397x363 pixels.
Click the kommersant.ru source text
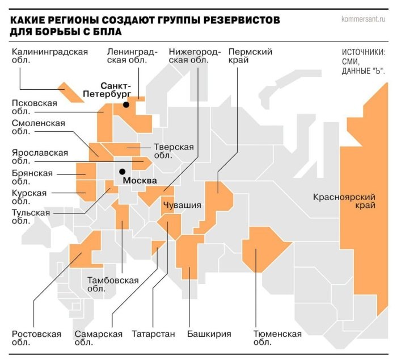pos(364,19)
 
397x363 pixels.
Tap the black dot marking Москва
pos(121,171)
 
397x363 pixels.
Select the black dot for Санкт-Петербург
pos(126,105)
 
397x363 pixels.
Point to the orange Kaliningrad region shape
pos(71,92)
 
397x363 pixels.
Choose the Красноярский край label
pos(344,201)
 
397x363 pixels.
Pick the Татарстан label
pos(153,334)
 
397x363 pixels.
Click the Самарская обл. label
pos(98,338)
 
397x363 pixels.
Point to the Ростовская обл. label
pos(36,338)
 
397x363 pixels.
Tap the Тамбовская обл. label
pos(113,284)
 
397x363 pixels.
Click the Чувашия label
pos(182,205)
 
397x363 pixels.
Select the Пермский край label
pos(250,56)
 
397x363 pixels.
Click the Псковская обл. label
pos(34,107)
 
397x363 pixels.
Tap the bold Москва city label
pos(140,181)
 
